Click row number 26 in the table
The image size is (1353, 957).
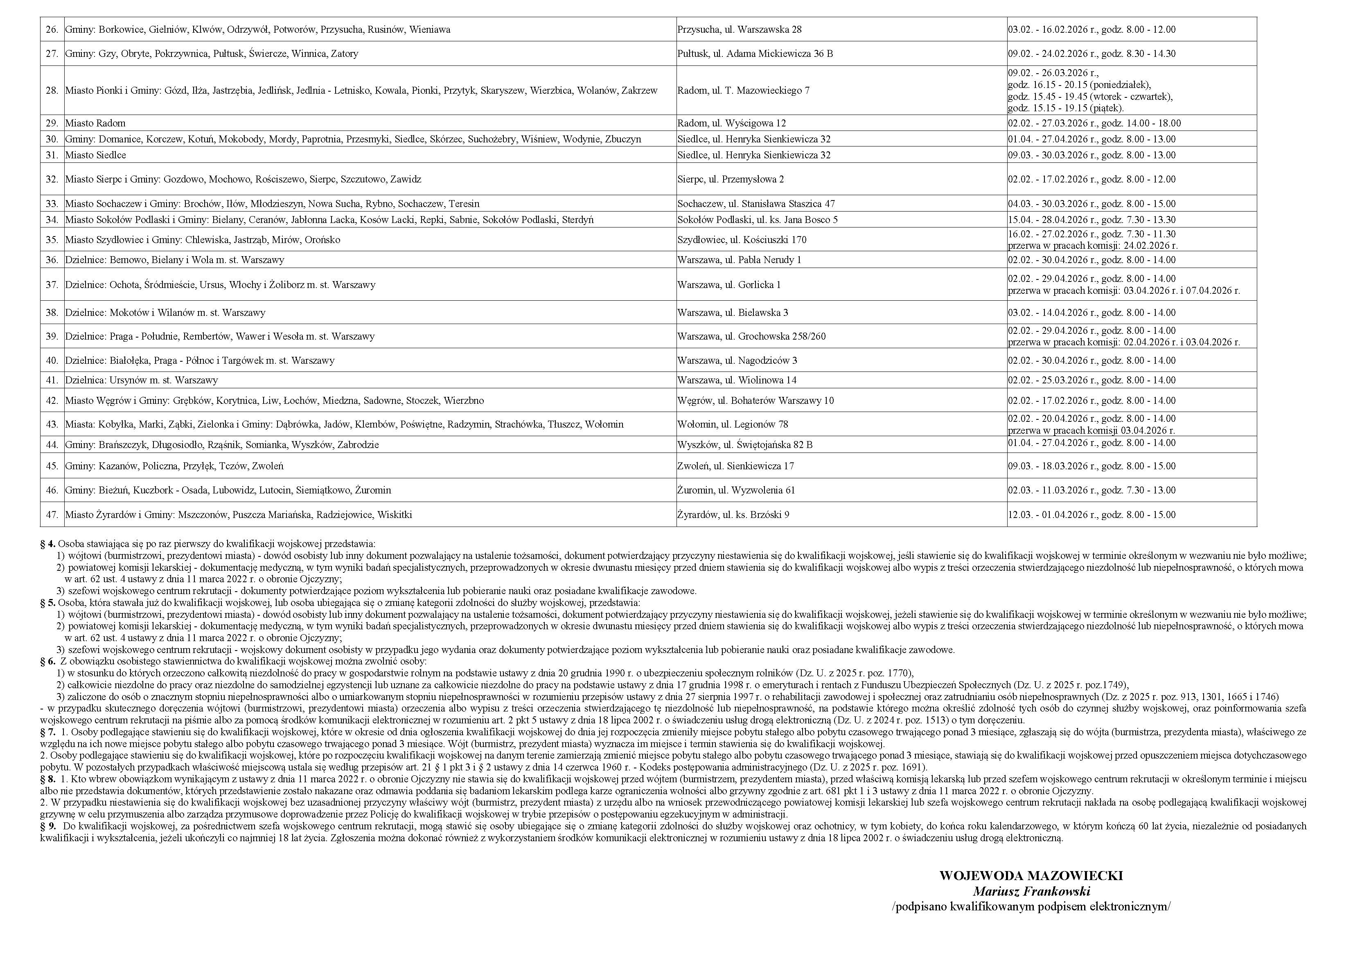point(52,29)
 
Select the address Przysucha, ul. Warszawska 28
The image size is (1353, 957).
point(739,29)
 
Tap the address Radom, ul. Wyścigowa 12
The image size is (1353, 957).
point(731,123)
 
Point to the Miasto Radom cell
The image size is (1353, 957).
point(95,123)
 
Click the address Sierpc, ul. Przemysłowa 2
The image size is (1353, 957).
point(731,179)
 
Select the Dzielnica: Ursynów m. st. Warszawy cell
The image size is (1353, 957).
point(142,380)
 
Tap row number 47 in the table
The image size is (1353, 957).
point(52,514)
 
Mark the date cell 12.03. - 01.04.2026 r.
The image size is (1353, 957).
point(1091,514)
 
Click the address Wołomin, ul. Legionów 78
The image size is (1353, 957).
point(733,424)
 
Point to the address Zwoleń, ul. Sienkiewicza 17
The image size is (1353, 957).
point(735,466)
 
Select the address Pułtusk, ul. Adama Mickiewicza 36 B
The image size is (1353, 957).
point(755,54)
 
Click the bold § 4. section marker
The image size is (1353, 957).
point(48,544)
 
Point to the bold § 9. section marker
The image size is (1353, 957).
point(48,826)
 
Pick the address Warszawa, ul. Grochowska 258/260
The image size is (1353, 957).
point(751,336)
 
